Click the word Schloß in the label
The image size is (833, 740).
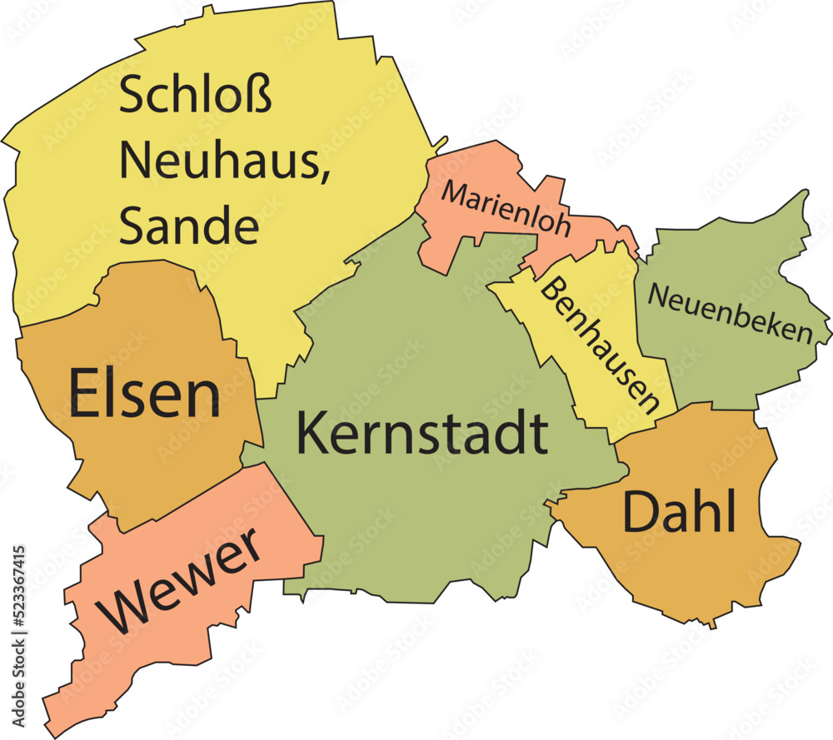(x=196, y=97)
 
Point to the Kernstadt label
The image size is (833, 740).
(x=421, y=434)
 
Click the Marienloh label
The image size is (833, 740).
(x=506, y=208)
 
